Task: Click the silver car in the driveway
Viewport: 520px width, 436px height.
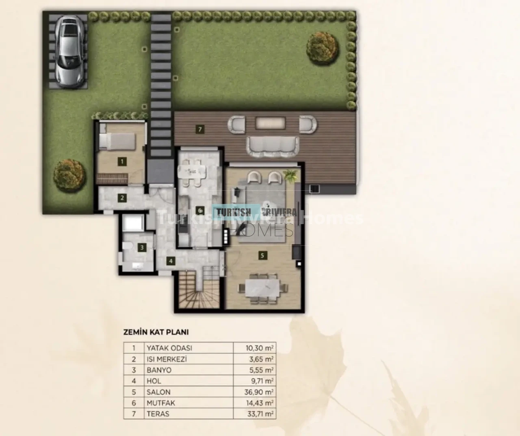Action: [69, 52]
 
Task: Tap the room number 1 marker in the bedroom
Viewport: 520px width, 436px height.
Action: [122, 161]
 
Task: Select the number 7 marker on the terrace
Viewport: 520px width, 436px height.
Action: [200, 129]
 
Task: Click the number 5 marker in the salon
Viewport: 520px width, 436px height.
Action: [262, 255]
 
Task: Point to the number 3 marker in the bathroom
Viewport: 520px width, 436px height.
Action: [142, 248]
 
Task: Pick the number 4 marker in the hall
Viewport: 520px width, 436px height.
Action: [171, 261]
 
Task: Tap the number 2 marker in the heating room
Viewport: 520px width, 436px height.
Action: [122, 198]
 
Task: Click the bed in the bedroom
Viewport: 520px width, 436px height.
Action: [117, 142]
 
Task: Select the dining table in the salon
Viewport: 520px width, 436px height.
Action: [262, 289]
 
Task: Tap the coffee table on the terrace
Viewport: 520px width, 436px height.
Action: [270, 123]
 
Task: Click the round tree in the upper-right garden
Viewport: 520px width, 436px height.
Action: [323, 48]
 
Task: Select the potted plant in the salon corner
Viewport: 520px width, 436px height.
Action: [290, 175]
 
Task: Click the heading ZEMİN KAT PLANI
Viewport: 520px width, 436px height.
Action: [156, 332]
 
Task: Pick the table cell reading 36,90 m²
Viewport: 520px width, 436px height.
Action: [259, 392]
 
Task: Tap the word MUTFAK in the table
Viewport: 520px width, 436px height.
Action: [160, 403]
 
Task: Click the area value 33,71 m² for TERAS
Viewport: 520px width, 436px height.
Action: [260, 414]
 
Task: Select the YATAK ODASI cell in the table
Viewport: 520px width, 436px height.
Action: [169, 348]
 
